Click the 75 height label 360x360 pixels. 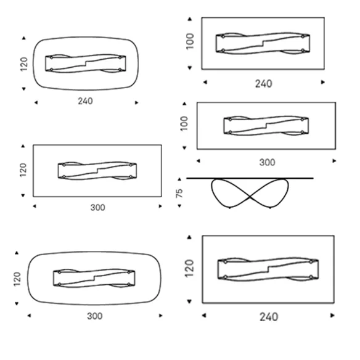click(179, 193)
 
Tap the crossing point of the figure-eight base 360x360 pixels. click(250, 197)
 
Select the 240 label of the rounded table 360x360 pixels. click(86, 101)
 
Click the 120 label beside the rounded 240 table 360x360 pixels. click(24, 64)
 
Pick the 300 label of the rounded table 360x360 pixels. click(94, 316)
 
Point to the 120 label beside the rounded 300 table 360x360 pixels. click(17, 279)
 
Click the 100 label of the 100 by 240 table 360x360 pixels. click(190, 41)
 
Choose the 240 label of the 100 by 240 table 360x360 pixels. click(264, 84)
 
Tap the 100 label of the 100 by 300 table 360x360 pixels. click(184, 123)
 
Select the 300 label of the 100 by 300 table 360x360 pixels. click(268, 163)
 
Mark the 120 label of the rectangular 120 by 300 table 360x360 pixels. click(23, 170)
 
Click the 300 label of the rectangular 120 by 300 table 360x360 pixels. click(98, 208)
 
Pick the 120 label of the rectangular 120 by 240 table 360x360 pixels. click(189, 269)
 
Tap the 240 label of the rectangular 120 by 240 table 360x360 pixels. click(269, 317)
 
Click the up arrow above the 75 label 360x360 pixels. click(179, 179)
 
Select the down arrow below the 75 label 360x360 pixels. click(179, 206)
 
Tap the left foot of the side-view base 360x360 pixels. click(230, 208)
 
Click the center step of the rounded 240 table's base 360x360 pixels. click(86, 63)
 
